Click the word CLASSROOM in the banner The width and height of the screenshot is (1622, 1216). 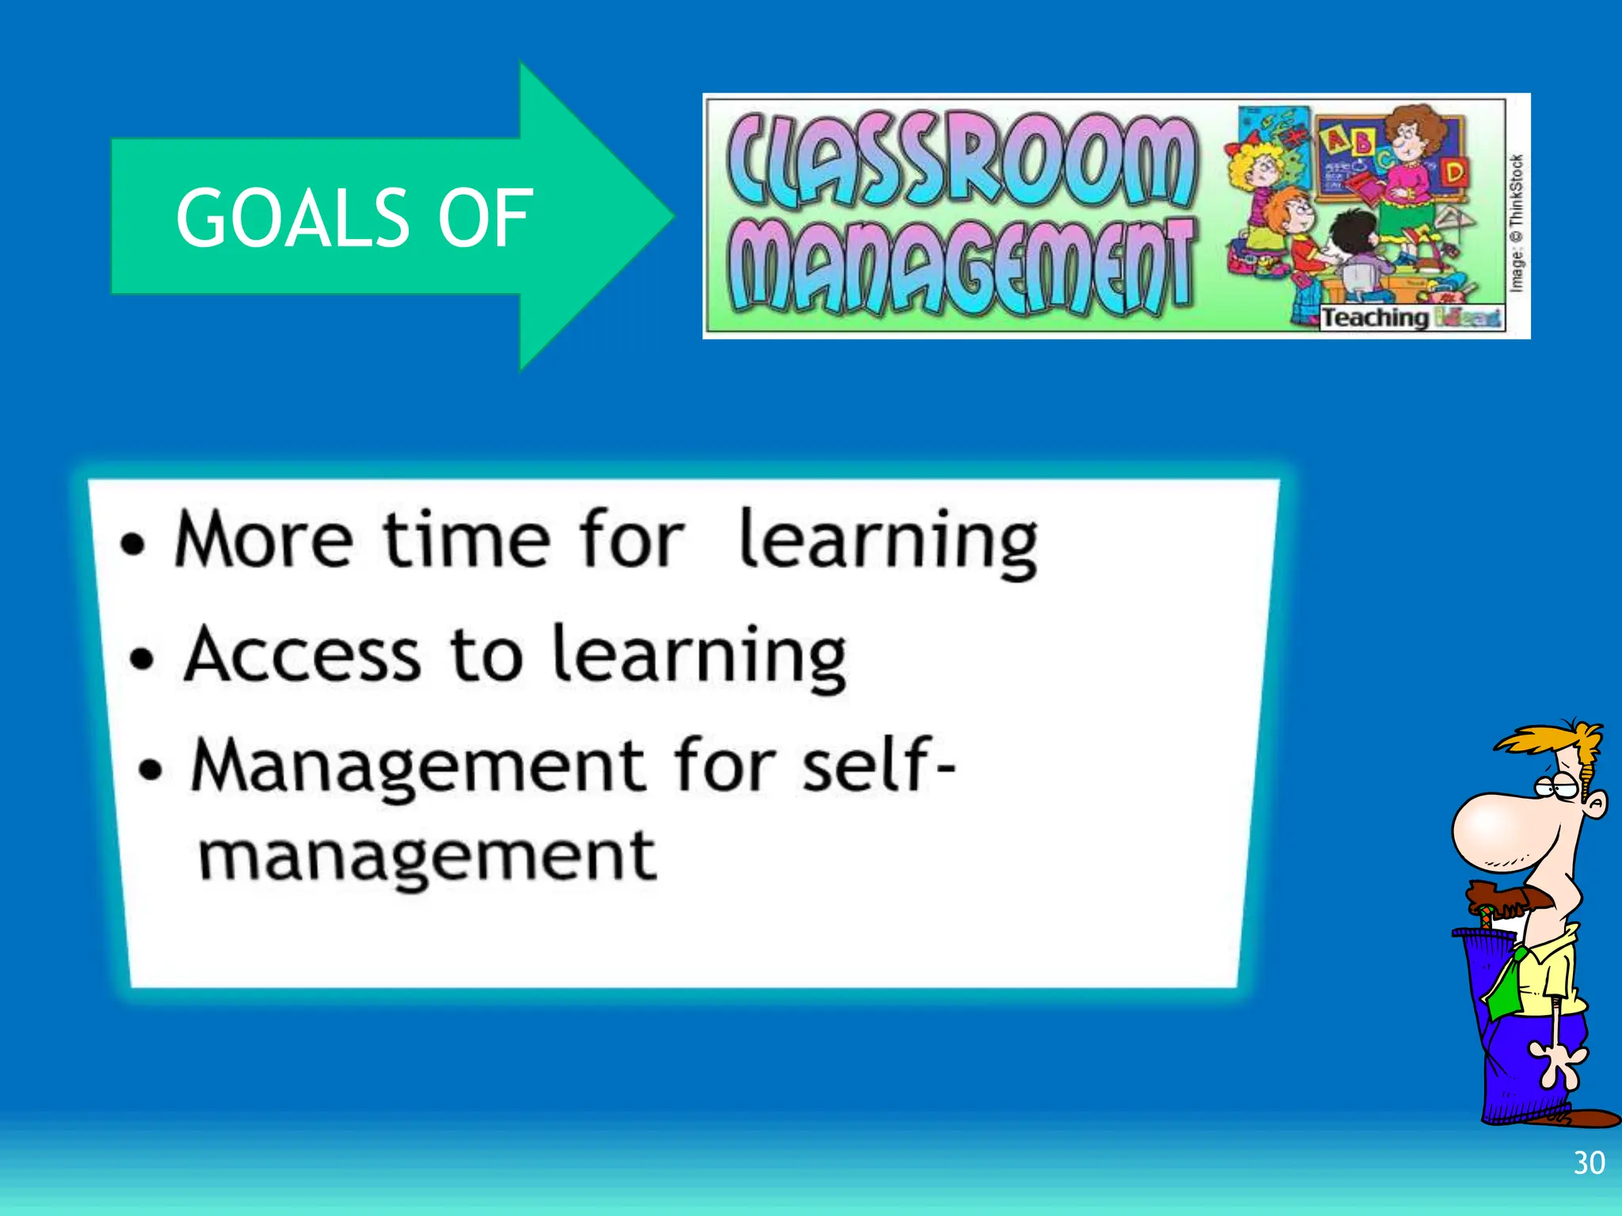click(960, 158)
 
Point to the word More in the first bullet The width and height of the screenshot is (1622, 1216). click(264, 541)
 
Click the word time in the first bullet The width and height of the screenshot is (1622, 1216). click(466, 541)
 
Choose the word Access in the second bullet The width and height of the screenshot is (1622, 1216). click(302, 655)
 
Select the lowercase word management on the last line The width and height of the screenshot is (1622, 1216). click(427, 858)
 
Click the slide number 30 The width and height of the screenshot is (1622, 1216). click(1589, 1163)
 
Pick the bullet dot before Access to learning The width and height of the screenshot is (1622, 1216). click(142, 659)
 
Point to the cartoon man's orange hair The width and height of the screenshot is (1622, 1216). click(1552, 741)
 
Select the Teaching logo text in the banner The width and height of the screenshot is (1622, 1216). click(1374, 318)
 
